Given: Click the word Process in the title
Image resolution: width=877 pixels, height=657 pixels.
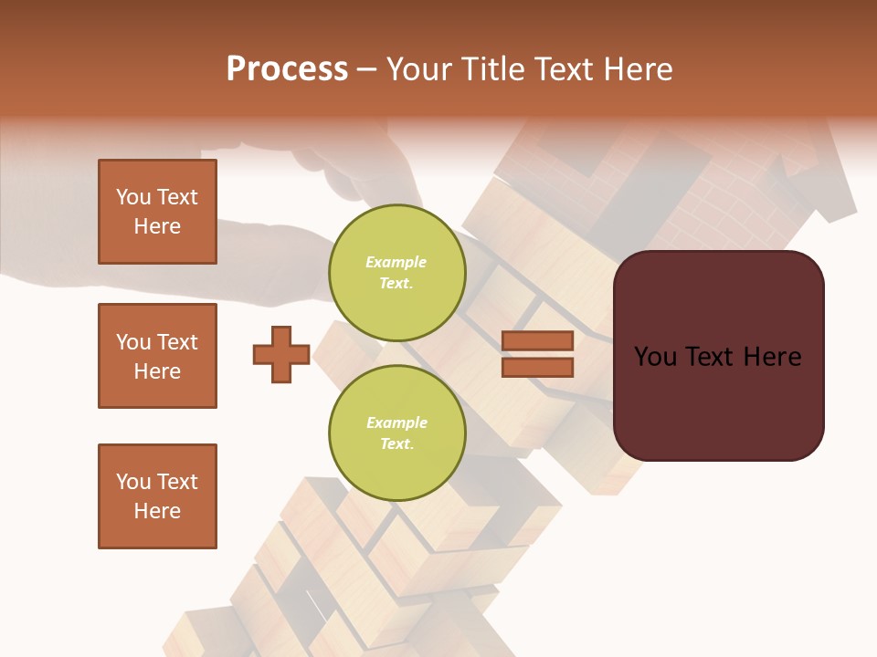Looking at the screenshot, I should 287,69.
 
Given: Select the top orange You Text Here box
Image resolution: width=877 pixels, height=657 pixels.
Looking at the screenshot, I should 157,212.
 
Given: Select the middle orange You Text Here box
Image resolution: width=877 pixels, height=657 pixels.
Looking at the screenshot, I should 157,356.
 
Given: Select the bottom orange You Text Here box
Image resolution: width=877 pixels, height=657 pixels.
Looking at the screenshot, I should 157,496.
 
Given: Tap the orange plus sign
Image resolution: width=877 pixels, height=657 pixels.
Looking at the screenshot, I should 281,355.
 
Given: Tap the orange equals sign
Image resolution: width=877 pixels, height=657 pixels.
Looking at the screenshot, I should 537,354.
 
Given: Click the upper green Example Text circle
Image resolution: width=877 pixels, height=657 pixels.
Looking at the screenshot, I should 396,273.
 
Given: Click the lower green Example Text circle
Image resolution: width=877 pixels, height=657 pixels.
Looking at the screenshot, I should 396,433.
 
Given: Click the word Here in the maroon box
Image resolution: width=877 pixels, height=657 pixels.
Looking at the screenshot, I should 772,357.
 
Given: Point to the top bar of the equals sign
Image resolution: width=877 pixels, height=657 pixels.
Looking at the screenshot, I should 537,340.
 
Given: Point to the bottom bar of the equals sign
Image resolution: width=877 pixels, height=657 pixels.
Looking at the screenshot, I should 537,368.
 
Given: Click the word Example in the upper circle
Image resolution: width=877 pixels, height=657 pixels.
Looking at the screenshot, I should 396,262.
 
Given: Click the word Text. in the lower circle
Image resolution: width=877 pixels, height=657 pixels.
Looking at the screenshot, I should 396,444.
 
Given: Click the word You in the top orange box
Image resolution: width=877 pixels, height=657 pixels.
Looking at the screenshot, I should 133,197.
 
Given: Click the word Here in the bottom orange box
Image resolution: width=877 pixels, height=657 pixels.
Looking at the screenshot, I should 157,511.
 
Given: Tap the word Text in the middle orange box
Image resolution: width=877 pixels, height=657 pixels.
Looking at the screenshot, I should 177,342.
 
